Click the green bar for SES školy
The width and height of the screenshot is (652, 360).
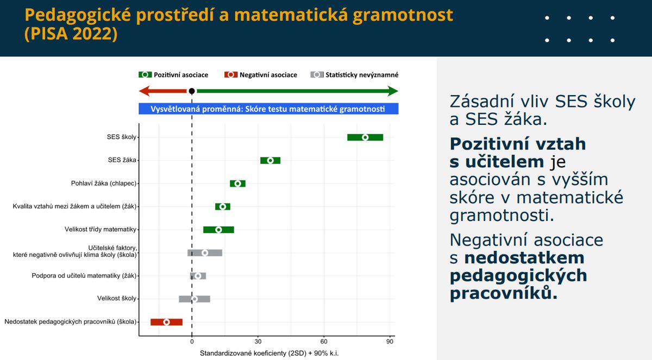tap(365, 137)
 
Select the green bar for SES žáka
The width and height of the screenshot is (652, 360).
tap(270, 160)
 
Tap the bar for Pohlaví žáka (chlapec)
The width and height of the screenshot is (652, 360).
tap(237, 184)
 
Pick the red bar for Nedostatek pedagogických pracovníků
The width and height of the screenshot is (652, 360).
tap(166, 322)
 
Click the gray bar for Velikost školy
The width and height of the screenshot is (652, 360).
tap(195, 299)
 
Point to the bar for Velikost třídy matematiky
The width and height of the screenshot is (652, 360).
tap(218, 230)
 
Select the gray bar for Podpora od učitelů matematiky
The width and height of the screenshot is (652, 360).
tap(198, 276)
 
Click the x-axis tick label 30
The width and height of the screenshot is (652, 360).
tap(258, 342)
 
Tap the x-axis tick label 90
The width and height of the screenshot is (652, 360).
tap(390, 342)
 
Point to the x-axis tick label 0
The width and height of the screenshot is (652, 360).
tap(192, 342)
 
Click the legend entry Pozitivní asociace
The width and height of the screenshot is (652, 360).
tap(173, 75)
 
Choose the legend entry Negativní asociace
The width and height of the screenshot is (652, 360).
tap(260, 75)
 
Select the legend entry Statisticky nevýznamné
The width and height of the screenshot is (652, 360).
tap(354, 75)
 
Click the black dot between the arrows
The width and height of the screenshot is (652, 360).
tap(191, 91)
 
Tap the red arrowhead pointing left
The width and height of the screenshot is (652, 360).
tap(144, 91)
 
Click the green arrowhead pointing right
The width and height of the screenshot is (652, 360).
tap(393, 91)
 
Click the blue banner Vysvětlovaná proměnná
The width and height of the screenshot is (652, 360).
tap(268, 109)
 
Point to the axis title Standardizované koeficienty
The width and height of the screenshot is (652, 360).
tap(269, 353)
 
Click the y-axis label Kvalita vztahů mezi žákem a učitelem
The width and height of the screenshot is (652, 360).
tap(74, 206)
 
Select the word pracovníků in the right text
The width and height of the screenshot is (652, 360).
tap(504, 293)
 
